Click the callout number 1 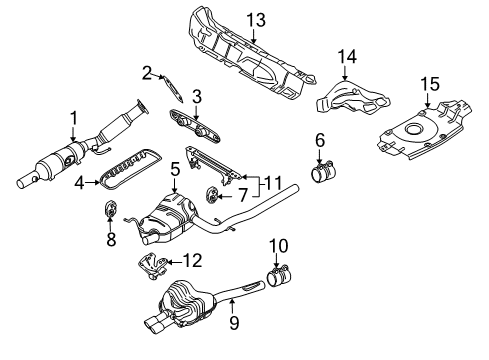pyautogui.click(x=74, y=119)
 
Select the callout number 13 pyautogui.click(x=256, y=20)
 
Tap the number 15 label pyautogui.click(x=430, y=84)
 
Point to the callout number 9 pyautogui.click(x=234, y=322)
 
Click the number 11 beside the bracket pyautogui.click(x=273, y=184)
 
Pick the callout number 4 pyautogui.click(x=79, y=183)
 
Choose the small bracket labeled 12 pyautogui.click(x=152, y=266)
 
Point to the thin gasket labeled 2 pyautogui.click(x=173, y=89)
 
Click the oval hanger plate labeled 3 pyautogui.click(x=194, y=127)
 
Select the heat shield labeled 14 pyautogui.click(x=353, y=98)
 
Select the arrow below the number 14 pyautogui.click(x=345, y=72)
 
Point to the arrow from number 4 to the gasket pyautogui.click(x=92, y=182)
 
